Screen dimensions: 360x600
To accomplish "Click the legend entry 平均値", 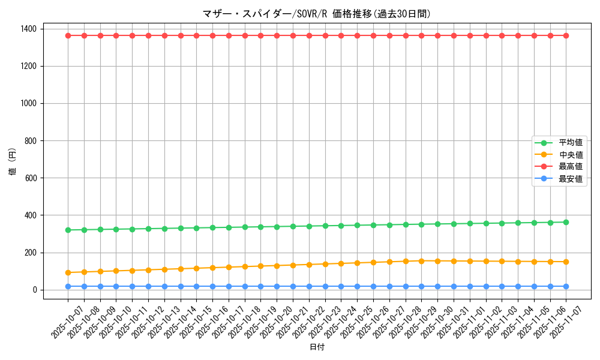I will click(571, 143).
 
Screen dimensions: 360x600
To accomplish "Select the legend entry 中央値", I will click(571, 155).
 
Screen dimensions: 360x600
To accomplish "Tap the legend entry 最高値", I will click(571, 167).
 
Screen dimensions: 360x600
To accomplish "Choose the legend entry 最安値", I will click(571, 179).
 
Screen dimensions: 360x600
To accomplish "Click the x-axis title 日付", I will click(317, 347).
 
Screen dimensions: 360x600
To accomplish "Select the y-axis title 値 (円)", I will click(13, 161).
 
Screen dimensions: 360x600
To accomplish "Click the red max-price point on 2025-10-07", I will click(68, 35).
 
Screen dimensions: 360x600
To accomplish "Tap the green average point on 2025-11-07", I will click(566, 222).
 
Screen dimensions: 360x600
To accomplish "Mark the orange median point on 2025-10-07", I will click(68, 272).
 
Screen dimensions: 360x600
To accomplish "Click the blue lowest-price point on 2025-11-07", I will click(566, 286).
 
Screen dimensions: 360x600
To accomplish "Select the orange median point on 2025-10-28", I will click(406, 261).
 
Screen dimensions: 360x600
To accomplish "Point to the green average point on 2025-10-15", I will click(196, 228).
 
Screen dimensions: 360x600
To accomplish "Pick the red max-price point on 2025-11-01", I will click(470, 35).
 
